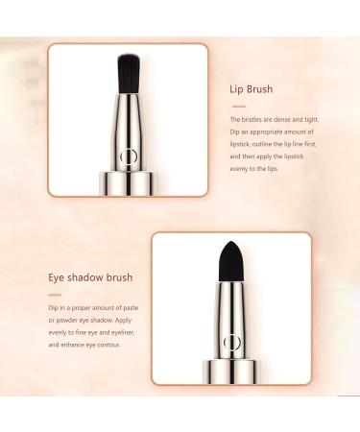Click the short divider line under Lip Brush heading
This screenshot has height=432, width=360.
[x=236, y=104]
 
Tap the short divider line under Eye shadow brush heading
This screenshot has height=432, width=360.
[x=55, y=294]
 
